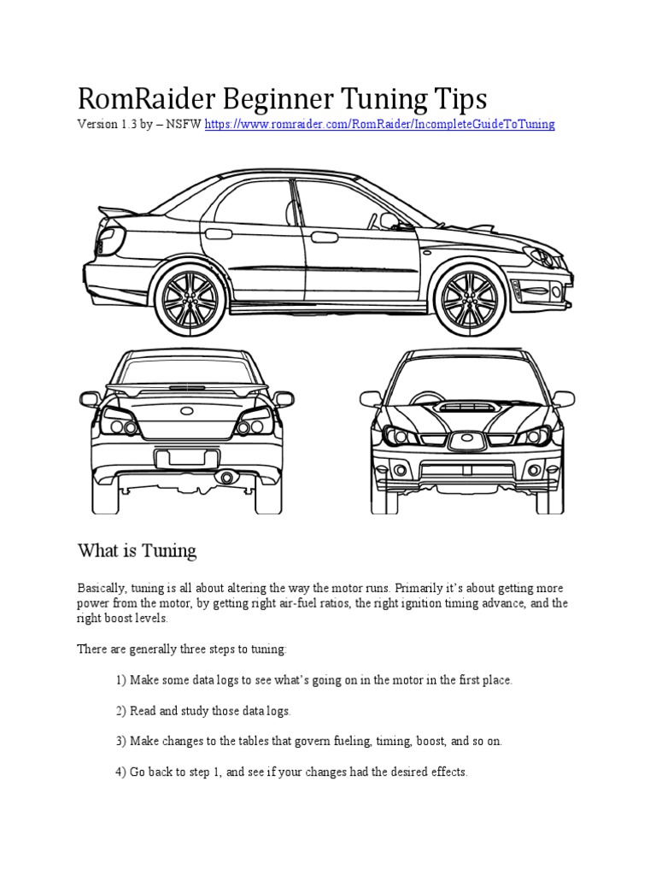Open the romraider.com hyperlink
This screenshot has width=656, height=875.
pos(379,125)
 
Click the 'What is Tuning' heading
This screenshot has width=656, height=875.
pos(137,551)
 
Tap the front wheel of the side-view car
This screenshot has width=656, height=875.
pos(466,295)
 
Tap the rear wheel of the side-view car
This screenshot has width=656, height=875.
pos(189,295)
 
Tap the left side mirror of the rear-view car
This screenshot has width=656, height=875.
pos(90,399)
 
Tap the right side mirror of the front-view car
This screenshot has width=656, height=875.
pos(563,399)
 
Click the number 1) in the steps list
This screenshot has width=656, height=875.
pos(120,680)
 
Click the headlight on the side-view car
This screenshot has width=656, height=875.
pos(536,254)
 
